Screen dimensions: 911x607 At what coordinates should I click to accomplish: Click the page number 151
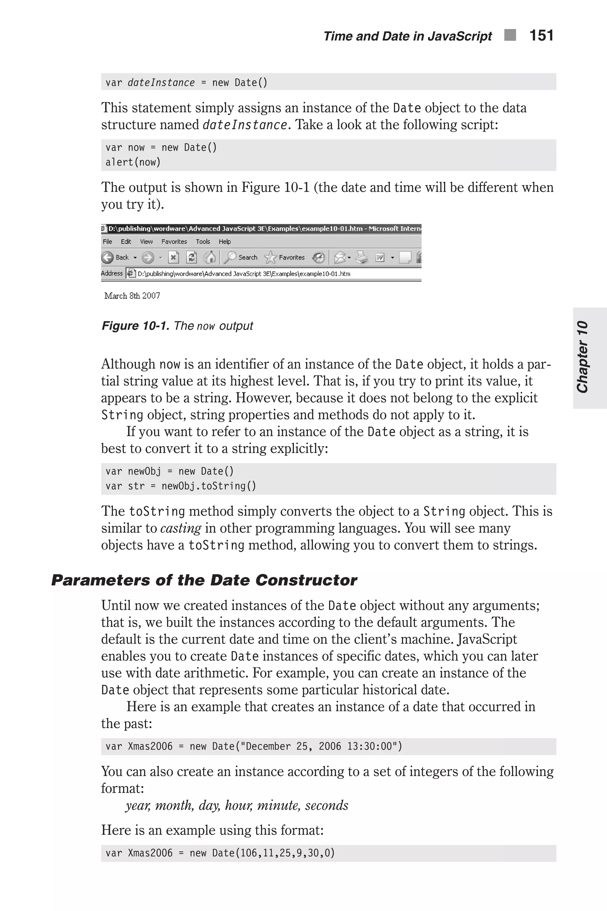pyautogui.click(x=541, y=36)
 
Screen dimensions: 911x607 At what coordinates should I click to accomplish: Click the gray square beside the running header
pyautogui.click(x=510, y=35)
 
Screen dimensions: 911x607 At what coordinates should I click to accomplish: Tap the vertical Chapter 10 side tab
pyautogui.click(x=583, y=357)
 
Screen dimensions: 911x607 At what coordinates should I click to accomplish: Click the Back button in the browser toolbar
pyautogui.click(x=115, y=257)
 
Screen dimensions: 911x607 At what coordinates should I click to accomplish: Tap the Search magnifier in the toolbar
pyautogui.click(x=231, y=257)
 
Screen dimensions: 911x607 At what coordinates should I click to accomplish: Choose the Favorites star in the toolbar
pyautogui.click(x=271, y=257)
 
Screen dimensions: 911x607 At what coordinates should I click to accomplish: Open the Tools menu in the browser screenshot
pyautogui.click(x=203, y=242)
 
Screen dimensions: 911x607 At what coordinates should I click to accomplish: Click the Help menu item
pyautogui.click(x=225, y=242)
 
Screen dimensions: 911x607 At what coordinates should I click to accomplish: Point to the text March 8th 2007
pyautogui.click(x=132, y=296)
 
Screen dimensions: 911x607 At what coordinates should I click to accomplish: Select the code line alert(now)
pyautogui.click(x=133, y=162)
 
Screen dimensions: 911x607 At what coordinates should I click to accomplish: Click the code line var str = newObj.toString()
pyautogui.click(x=181, y=486)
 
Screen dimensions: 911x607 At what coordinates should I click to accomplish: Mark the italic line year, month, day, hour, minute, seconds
pyautogui.click(x=237, y=805)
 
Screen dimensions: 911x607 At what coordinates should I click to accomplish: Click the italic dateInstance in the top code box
pyautogui.click(x=161, y=82)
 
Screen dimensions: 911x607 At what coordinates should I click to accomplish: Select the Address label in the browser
pyautogui.click(x=111, y=273)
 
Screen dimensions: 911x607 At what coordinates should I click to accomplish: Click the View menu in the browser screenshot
pyautogui.click(x=146, y=242)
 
